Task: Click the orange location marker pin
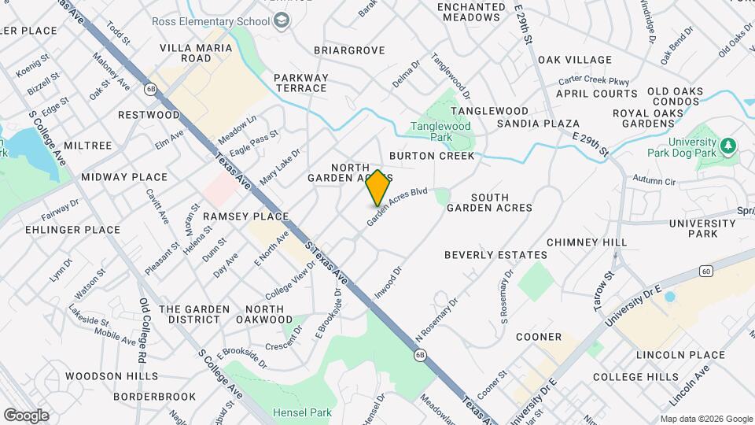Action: click(377, 188)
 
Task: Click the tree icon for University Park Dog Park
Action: click(728, 146)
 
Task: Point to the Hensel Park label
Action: click(302, 412)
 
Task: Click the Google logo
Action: click(26, 416)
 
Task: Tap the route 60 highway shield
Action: click(707, 272)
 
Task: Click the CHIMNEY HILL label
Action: click(586, 242)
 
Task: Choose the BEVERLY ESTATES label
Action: click(495, 255)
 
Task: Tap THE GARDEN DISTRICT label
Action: click(194, 315)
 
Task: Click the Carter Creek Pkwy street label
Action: click(594, 80)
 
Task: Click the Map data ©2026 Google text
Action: click(705, 419)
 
